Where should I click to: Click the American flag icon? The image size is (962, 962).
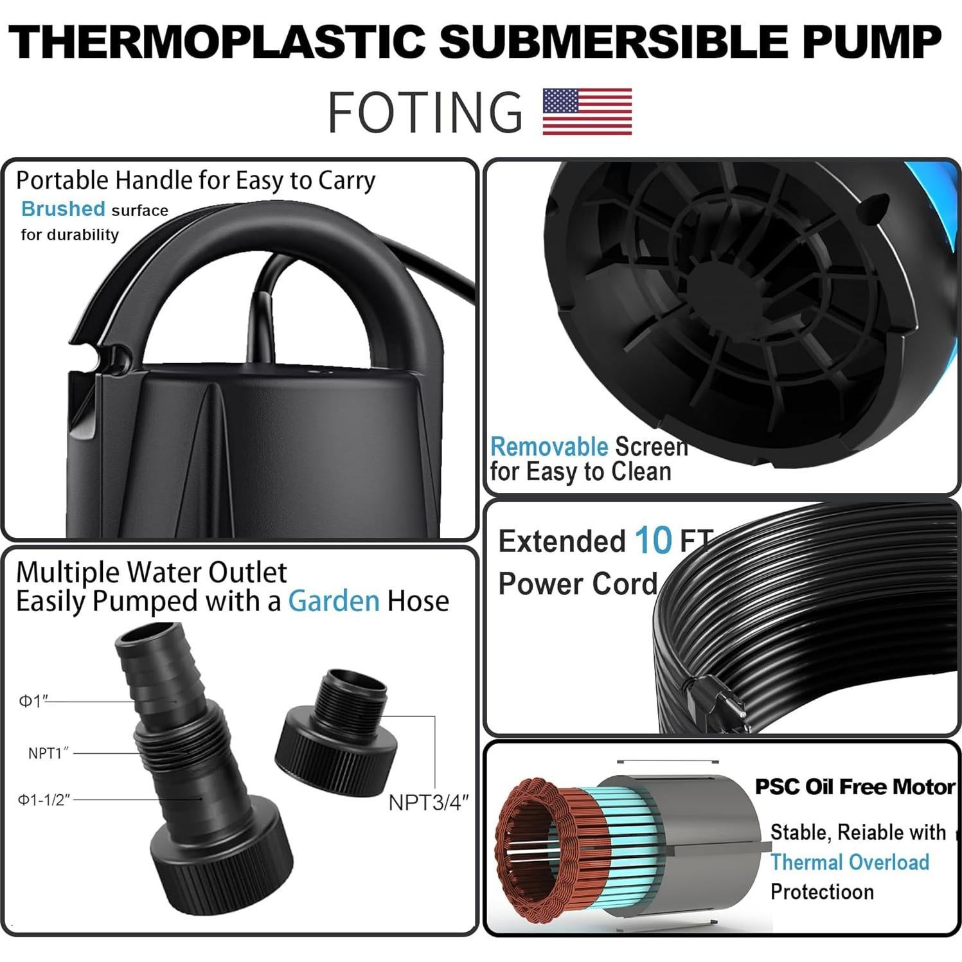[x=587, y=111]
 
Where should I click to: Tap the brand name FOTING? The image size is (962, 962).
[x=425, y=112]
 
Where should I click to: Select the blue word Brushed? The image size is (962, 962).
[x=63, y=209]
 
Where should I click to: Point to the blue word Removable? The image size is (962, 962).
[x=549, y=447]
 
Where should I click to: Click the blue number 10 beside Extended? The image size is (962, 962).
[x=653, y=541]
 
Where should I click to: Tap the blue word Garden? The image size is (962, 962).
[x=334, y=601]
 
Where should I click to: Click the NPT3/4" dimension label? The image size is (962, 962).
[x=428, y=803]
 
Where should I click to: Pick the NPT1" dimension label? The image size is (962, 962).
[x=48, y=753]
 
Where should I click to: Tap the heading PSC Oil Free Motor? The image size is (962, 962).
[x=855, y=787]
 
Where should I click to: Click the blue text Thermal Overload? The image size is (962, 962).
[x=850, y=862]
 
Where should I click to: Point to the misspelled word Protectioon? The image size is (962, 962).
[x=822, y=892]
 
